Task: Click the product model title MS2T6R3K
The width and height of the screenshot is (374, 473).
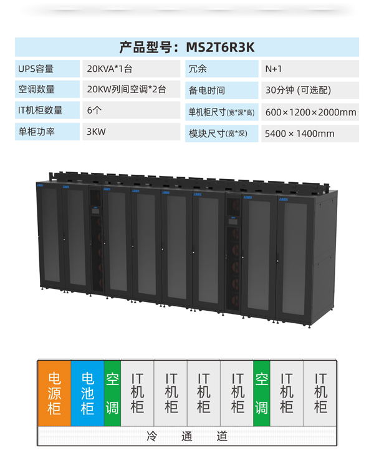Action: (186, 47)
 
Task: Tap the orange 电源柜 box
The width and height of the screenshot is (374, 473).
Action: (54, 393)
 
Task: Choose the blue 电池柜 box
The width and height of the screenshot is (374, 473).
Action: (87, 393)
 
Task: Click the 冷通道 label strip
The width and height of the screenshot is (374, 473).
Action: (187, 436)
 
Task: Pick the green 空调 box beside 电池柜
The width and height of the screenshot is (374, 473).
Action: (112, 393)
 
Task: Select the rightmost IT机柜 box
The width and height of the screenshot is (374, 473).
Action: (320, 393)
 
